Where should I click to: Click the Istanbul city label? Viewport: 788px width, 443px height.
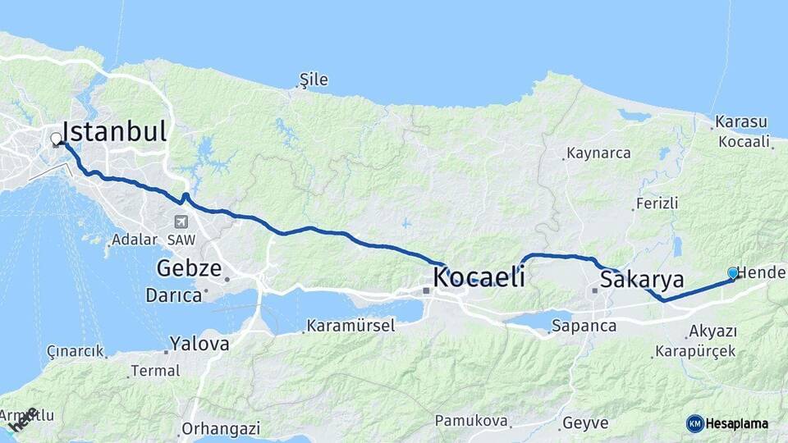(114, 131)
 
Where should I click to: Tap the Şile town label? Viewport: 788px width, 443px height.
(314, 80)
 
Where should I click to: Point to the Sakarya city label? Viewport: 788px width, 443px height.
(642, 280)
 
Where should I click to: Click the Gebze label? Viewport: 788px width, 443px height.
(189, 268)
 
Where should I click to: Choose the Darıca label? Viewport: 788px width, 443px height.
(173, 295)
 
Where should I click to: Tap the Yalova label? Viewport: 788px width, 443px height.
(199, 344)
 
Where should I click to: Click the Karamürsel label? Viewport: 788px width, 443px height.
(350, 326)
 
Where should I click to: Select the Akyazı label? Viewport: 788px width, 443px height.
(713, 331)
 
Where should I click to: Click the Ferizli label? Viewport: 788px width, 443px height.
(657, 203)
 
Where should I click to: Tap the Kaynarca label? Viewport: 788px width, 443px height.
(598, 153)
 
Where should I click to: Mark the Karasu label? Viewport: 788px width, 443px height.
(741, 121)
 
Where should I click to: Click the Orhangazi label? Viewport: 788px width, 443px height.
(221, 428)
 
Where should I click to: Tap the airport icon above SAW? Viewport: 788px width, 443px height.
(181, 221)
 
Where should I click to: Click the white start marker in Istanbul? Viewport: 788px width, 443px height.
(56, 139)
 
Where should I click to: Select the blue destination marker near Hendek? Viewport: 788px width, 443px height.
(733, 273)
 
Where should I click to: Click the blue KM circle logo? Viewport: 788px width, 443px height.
(695, 423)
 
